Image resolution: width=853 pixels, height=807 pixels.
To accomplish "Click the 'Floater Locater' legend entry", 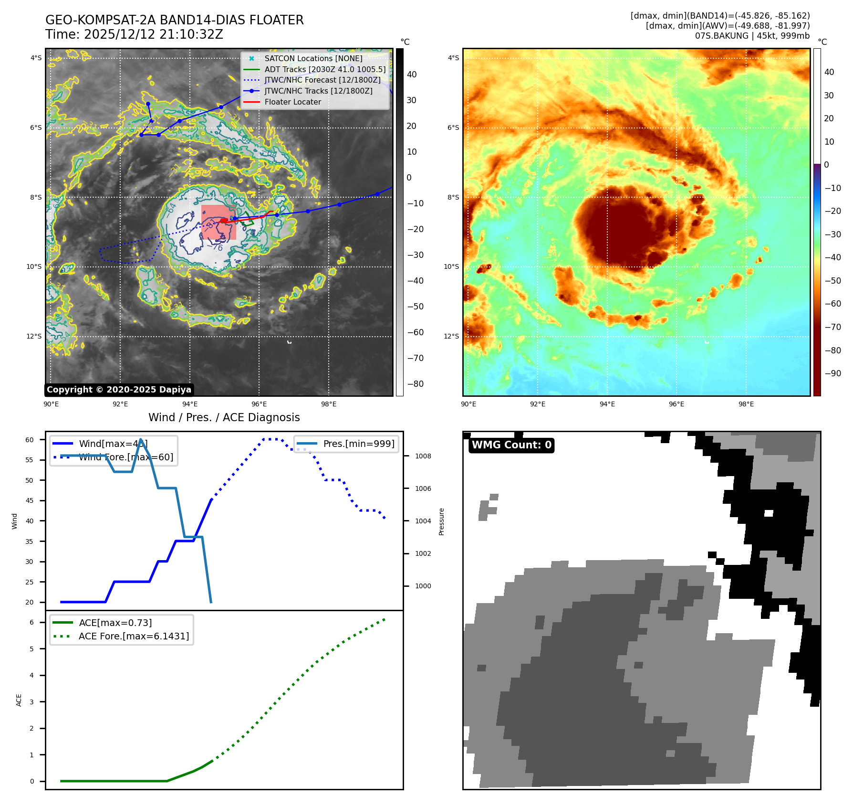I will coord(292,102).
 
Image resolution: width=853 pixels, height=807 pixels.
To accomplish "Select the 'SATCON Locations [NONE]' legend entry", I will coord(313,58).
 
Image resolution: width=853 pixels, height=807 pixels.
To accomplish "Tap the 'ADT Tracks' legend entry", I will coord(325,69).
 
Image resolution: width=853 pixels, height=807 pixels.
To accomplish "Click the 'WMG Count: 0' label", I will coord(511,445).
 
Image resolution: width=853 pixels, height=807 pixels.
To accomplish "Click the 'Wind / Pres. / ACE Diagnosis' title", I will coord(224,417).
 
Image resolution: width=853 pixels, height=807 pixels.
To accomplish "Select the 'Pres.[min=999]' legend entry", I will coord(358,444).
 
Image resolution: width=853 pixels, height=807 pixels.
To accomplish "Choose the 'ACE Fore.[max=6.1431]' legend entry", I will coord(134,636).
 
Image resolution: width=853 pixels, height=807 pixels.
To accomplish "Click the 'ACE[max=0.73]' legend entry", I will coord(115,623).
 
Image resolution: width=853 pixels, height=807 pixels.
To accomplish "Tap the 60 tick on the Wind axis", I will coord(30,440).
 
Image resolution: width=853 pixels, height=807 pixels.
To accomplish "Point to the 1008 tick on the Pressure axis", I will coord(423,456).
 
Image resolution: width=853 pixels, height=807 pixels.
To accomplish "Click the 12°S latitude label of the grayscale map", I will coord(34,336).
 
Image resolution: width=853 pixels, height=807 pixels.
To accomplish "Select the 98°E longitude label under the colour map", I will coord(746,404).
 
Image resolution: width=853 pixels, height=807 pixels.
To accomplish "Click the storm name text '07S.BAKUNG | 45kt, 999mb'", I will coord(752,36).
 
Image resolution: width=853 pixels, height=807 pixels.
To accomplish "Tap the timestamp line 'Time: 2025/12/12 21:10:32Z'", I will coord(134,34).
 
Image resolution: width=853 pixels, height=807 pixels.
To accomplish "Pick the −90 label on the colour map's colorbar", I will coord(832,373).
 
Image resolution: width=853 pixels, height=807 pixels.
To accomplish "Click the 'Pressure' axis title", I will coord(441,521).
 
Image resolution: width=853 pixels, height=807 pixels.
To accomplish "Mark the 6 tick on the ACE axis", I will coord(31,622).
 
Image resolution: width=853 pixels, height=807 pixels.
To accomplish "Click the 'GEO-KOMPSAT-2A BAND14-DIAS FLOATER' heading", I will coord(174,20).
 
